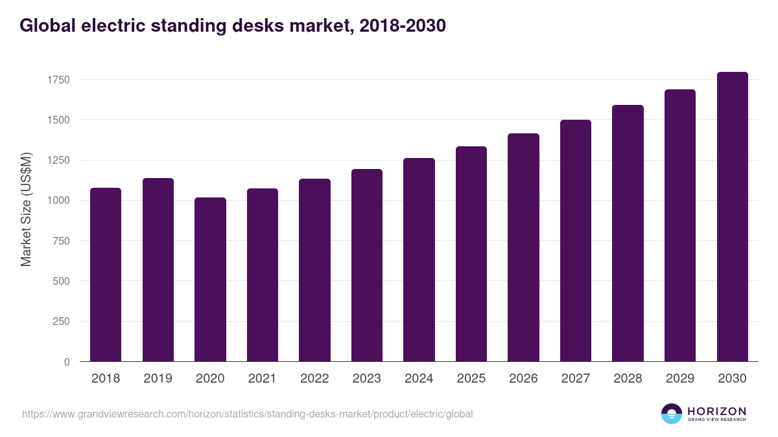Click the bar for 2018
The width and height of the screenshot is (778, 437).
click(106, 275)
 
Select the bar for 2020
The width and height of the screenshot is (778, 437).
click(210, 280)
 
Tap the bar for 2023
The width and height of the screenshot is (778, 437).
click(367, 265)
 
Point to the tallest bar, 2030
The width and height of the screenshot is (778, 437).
click(733, 217)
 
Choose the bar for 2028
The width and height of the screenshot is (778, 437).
click(628, 233)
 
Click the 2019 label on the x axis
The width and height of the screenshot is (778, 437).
click(158, 379)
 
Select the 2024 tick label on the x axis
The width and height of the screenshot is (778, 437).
click(419, 379)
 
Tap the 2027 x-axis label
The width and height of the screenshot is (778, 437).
click(576, 379)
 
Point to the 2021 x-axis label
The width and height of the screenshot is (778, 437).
click(262, 379)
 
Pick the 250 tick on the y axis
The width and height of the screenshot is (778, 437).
click(62, 322)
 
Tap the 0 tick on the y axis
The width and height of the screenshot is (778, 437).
click(67, 362)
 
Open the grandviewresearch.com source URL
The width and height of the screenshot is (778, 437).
click(247, 414)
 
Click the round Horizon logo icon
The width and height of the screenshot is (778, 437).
click(672, 414)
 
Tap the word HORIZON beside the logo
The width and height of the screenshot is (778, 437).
click(716, 411)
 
